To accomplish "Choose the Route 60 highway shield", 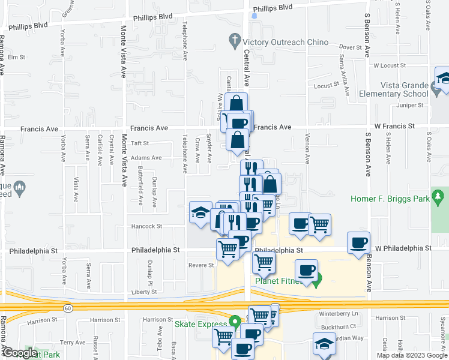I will point(68,308).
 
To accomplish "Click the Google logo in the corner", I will point(19,353).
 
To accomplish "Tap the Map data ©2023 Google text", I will point(411,355).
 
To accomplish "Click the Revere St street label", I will point(201,265).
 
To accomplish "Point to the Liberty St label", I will point(145,292).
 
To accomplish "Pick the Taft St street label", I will point(140,143).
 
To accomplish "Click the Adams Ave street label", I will point(146,158).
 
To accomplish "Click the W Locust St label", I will point(387,65).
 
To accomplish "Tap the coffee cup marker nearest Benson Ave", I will point(359,242).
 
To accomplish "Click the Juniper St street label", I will point(411,105).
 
